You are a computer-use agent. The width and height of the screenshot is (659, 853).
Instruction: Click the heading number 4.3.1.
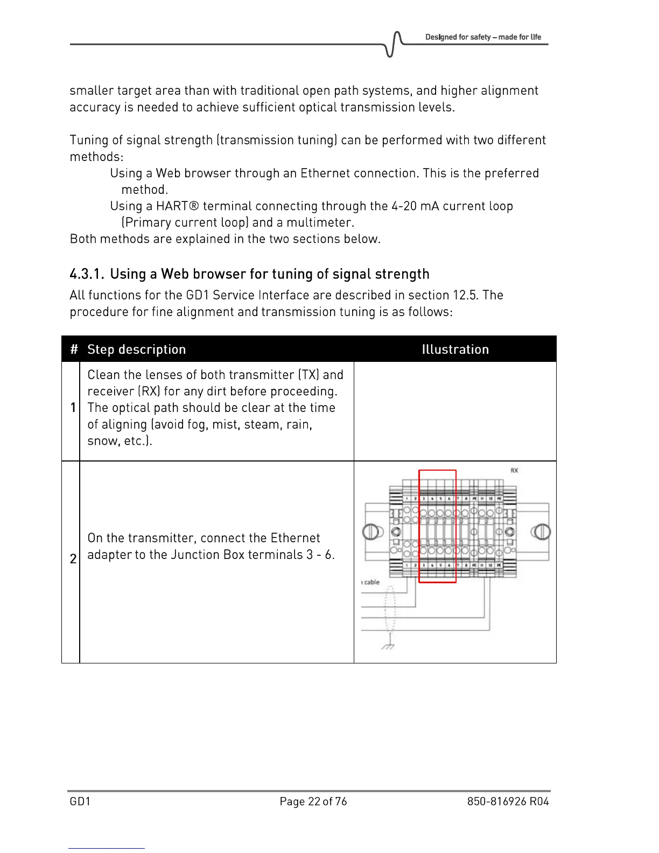87,274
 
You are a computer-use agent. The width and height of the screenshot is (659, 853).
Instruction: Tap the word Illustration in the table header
455,349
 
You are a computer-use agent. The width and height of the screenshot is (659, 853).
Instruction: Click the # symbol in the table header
74,349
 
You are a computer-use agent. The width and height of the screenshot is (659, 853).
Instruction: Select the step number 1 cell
72,408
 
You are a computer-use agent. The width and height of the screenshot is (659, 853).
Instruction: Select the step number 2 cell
73,559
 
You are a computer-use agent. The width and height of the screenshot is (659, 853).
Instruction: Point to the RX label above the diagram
514,471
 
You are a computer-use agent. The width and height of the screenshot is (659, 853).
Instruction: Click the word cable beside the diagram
371,582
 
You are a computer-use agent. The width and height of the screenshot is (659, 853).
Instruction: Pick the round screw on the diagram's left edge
370,532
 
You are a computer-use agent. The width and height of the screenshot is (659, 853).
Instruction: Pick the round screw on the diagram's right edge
541,532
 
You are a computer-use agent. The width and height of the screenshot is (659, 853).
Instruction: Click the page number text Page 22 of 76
313,801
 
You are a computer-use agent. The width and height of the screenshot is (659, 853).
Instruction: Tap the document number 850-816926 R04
508,801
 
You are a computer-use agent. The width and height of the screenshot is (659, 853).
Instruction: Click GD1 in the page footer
80,801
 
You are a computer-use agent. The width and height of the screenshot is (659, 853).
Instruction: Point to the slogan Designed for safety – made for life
483,37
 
